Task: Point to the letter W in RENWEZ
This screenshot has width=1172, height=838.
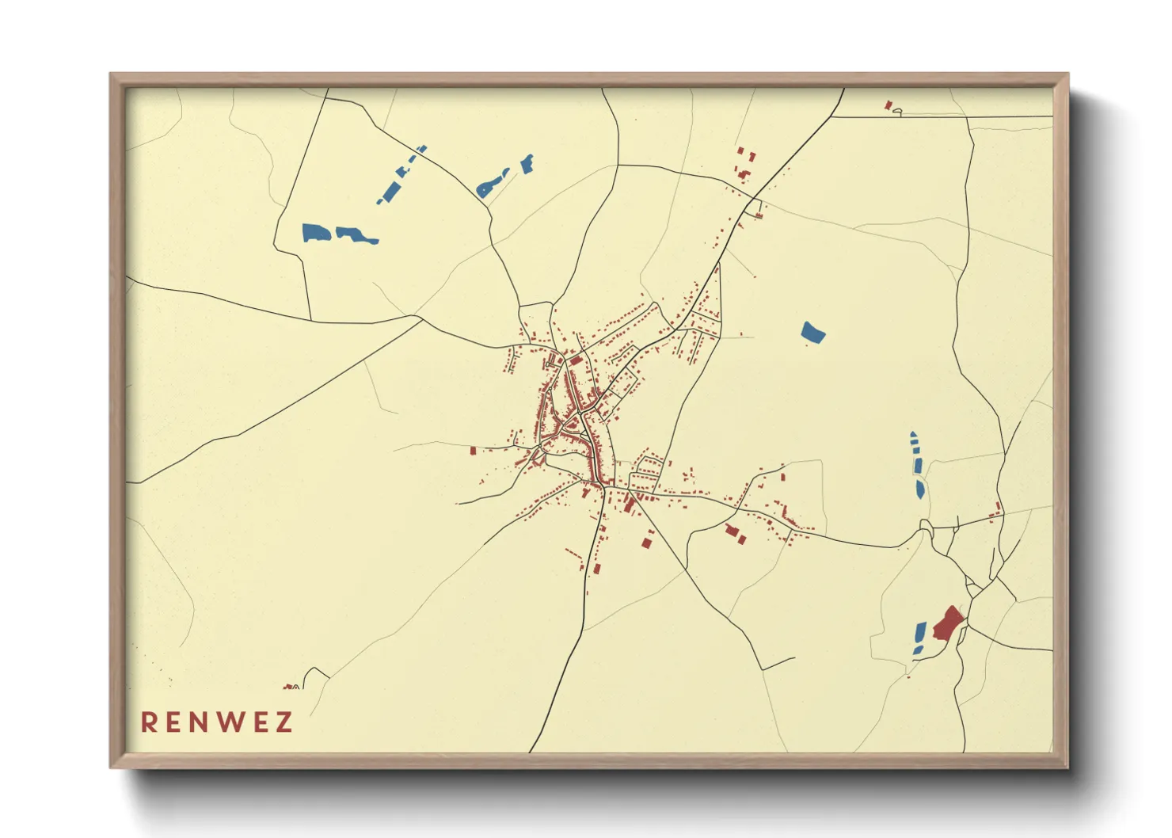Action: [230, 722]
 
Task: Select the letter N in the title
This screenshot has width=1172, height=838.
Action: [200, 722]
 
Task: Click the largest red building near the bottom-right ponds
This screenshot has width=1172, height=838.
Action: [947, 623]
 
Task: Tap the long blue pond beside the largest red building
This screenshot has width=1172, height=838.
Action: [920, 633]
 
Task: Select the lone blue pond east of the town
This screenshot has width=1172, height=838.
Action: [812, 333]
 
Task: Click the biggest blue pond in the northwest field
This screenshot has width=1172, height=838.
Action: [315, 233]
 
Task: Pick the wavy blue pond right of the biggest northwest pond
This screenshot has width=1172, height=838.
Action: [356, 235]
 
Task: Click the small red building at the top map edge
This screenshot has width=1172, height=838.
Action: [889, 105]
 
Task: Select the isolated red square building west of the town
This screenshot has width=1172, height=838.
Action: [474, 451]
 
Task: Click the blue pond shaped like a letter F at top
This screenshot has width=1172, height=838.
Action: [527, 163]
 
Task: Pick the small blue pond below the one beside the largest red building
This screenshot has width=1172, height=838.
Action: [919, 650]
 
